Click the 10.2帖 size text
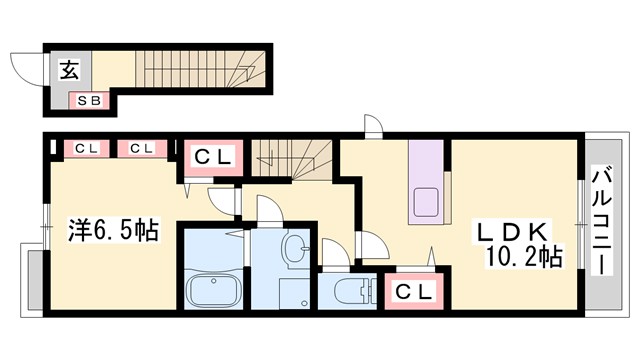[x=524, y=256]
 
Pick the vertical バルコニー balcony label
[x=602, y=223]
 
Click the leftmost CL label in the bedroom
[x=82, y=149]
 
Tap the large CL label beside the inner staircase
[x=212, y=157]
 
